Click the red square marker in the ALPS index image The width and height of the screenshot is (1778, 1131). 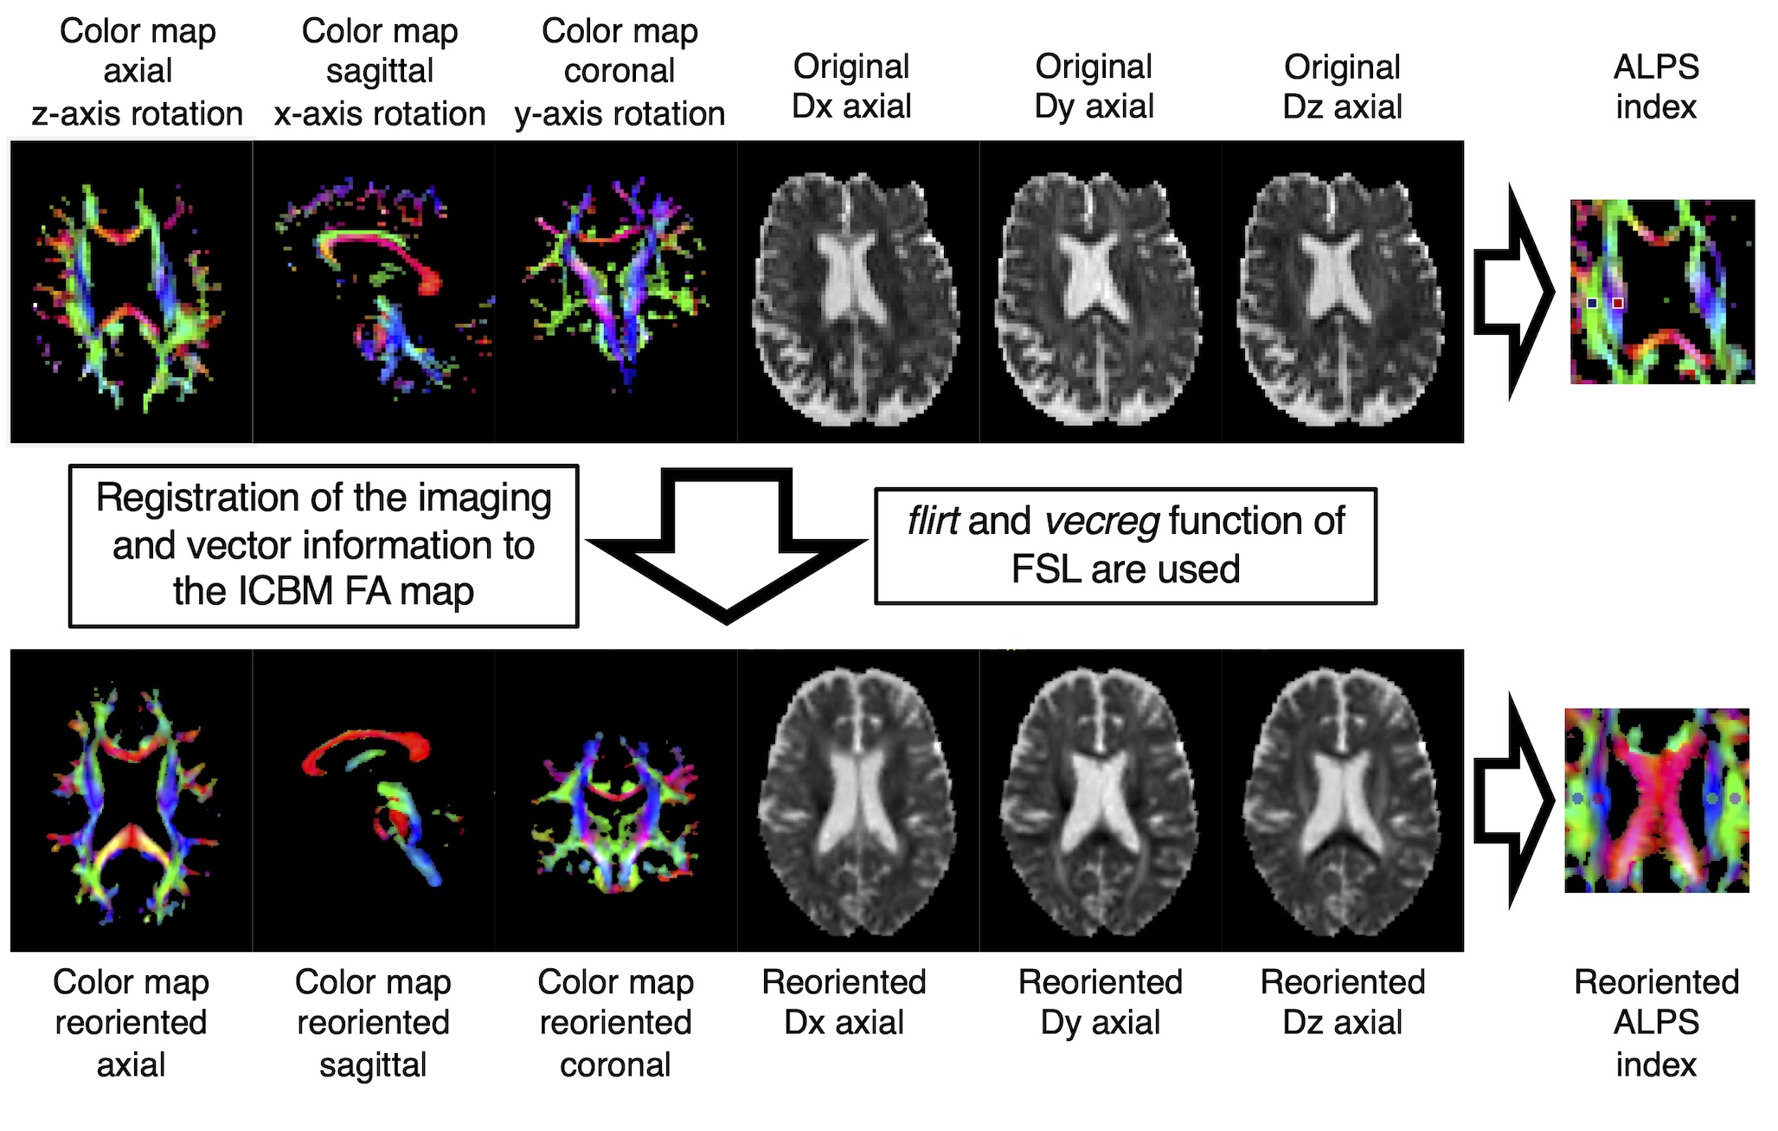[1617, 303]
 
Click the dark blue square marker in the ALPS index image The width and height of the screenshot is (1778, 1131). [1592, 303]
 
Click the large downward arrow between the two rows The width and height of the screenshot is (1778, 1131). [727, 545]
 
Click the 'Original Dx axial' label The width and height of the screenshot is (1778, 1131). [851, 87]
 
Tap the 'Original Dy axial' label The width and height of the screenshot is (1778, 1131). [1094, 87]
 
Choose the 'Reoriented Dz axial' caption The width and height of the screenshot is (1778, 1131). [1342, 1002]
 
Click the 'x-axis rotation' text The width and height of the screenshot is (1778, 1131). [380, 114]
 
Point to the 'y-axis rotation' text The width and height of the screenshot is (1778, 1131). [619, 114]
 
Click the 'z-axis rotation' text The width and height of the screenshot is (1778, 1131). [138, 114]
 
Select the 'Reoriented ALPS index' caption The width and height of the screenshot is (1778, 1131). [1656, 1023]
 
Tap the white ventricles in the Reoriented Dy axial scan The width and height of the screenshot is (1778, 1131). [1098, 796]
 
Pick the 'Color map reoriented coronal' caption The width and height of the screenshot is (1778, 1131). [615, 1023]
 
